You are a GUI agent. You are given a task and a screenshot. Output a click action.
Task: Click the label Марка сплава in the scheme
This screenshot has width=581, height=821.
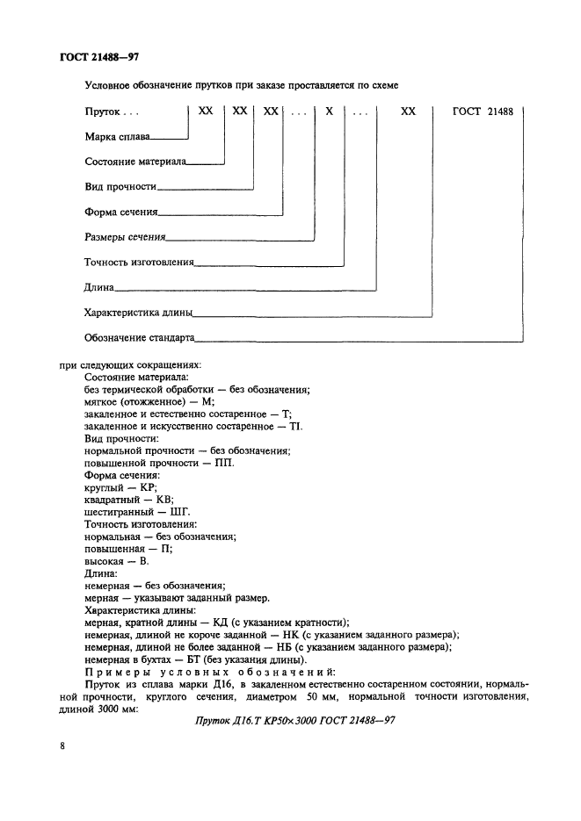118,137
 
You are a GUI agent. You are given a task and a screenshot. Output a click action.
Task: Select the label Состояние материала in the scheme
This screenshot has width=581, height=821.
135,162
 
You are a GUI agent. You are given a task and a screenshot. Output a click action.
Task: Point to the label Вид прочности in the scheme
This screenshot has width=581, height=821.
120,187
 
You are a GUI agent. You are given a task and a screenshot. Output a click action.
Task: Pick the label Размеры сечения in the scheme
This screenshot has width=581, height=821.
125,236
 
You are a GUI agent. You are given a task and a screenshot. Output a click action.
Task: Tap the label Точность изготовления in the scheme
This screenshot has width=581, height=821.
139,262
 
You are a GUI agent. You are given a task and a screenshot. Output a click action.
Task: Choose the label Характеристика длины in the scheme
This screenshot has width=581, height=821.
138,312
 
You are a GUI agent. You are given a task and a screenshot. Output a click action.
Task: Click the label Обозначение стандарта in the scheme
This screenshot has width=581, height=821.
139,337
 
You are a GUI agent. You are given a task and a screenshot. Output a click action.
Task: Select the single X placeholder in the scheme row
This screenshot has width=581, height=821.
329,112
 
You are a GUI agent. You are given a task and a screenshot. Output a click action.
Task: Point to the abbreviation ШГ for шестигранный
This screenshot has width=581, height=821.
182,511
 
